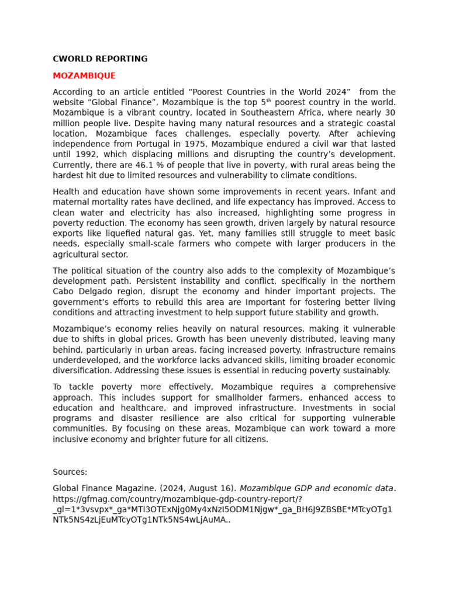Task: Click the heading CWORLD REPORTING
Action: [x=100, y=59]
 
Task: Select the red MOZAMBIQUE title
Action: [x=84, y=76]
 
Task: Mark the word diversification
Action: [x=82, y=371]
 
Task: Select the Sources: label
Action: [x=70, y=472]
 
